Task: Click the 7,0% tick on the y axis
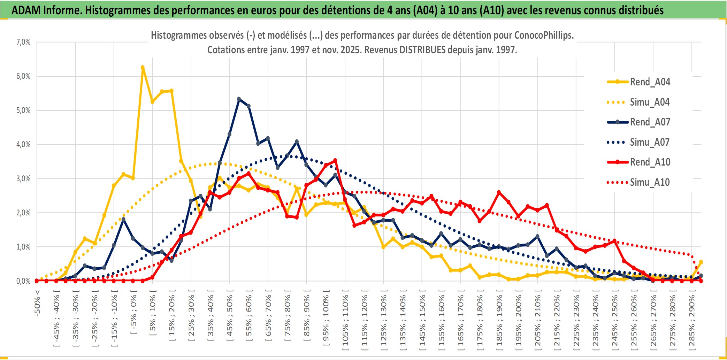tap(23, 42)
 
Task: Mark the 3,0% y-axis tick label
tap(23, 179)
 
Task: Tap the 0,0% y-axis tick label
tap(23, 281)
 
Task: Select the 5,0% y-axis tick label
tap(23, 110)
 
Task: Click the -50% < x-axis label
tap(37, 303)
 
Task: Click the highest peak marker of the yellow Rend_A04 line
tap(143, 68)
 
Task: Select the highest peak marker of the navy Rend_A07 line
tap(239, 99)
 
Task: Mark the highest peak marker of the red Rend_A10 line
tap(335, 160)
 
